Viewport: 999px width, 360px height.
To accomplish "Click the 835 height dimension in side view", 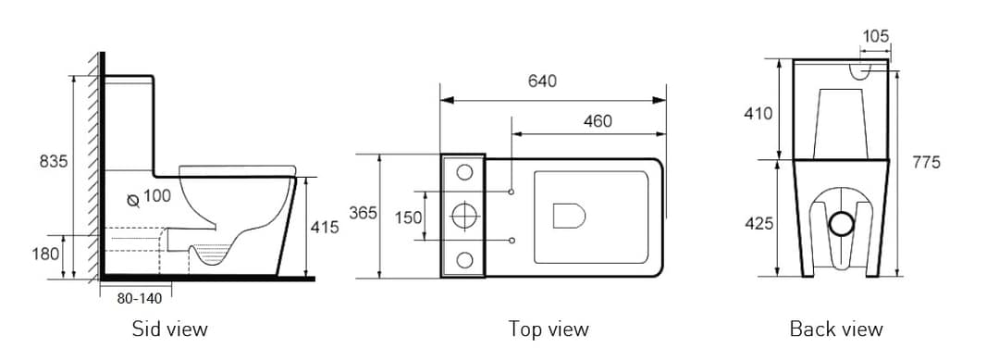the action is [54, 162].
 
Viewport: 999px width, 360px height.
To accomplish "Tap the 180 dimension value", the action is [45, 254].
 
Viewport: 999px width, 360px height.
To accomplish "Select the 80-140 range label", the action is [140, 298].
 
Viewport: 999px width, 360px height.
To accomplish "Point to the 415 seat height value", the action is [325, 226].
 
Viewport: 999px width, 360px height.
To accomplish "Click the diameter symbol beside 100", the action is [133, 201].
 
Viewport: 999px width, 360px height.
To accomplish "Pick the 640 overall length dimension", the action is [542, 81].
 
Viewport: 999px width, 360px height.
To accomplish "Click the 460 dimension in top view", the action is [598, 121].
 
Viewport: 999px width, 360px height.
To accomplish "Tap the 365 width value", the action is [364, 213].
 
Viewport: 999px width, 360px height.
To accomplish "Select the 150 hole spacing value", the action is [409, 217].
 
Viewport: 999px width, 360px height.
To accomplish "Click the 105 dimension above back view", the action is [875, 36].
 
